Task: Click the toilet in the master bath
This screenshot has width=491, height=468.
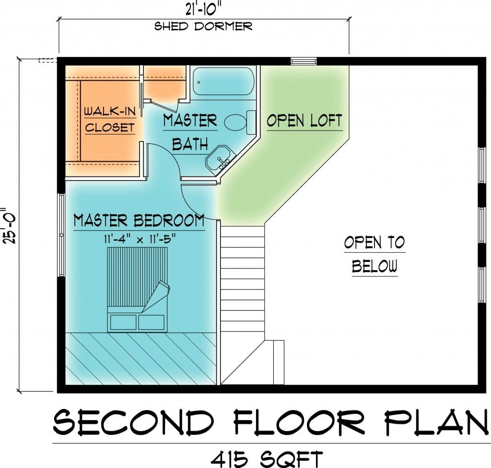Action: [x=240, y=122]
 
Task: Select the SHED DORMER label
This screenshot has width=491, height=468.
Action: [x=203, y=26]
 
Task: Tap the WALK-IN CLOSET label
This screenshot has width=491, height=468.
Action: [x=110, y=119]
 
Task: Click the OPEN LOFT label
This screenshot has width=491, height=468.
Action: [x=304, y=121]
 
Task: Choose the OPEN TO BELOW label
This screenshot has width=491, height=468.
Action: [x=374, y=254]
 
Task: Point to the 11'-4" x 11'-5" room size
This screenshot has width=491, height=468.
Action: [x=139, y=240]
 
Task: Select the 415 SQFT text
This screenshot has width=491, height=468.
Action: [x=267, y=459]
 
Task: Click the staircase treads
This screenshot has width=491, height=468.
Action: [x=243, y=282]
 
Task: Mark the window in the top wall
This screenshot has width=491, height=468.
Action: [x=304, y=61]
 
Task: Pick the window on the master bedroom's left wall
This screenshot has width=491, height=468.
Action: [x=62, y=235]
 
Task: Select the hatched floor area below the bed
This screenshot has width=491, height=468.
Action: [x=140, y=359]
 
